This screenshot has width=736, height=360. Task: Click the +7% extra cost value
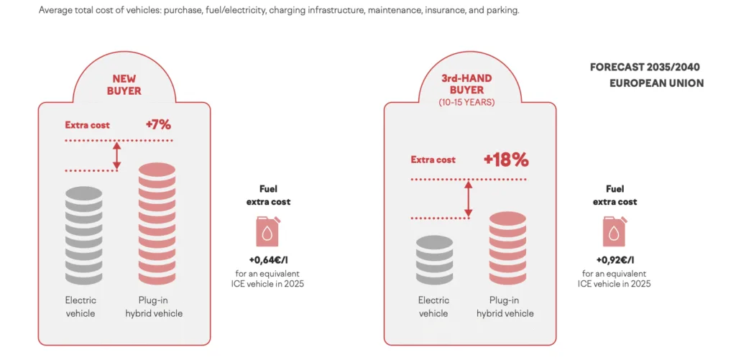tap(158, 125)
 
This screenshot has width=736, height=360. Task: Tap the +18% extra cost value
tap(506, 160)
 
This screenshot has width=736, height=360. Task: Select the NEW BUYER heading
tap(124, 85)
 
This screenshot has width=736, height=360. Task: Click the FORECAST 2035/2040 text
tap(645, 68)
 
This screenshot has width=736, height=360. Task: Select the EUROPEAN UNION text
tap(657, 83)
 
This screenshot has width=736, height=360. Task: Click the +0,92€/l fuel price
tap(615, 259)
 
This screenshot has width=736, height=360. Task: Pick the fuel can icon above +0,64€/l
tap(269, 231)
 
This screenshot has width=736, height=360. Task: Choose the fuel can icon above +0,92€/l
tap(615, 231)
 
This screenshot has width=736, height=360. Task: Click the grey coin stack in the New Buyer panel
tap(83, 235)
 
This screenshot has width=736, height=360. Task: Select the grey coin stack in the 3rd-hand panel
tap(434, 259)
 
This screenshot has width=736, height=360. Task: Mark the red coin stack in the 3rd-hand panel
tap(507, 249)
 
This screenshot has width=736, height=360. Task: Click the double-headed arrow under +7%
tap(117, 156)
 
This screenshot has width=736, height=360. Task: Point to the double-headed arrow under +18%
tap(467, 200)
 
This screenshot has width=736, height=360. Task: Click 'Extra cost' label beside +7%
tap(87, 125)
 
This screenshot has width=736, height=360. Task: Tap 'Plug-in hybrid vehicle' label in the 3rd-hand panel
tap(505, 307)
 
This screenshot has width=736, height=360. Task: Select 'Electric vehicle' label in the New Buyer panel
tap(80, 307)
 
